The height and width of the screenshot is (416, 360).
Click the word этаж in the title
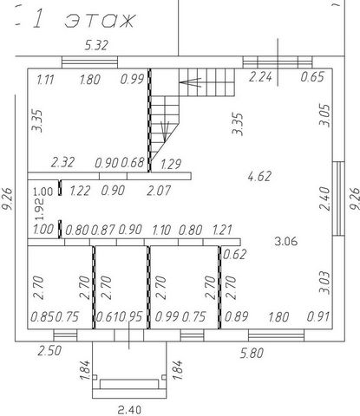[x=100, y=21]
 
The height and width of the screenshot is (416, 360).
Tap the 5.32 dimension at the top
[x=96, y=45]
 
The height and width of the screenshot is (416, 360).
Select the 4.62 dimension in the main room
[x=259, y=176]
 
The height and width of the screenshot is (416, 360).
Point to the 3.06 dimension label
[x=286, y=241]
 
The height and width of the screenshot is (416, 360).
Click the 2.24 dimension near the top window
[x=260, y=77]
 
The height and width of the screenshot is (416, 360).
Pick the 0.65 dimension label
[x=312, y=77]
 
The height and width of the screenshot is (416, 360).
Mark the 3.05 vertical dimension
[x=324, y=115]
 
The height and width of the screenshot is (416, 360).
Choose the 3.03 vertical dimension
[x=324, y=283]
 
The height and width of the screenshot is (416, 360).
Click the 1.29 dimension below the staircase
[x=171, y=164]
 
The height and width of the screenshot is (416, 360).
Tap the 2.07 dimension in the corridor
[x=159, y=191]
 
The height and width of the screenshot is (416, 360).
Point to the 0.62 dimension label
[x=235, y=254]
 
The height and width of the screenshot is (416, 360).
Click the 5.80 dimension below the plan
[x=252, y=353]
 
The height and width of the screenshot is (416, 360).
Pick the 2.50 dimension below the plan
[x=49, y=350]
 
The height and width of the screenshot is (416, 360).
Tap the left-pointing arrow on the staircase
[x=190, y=82]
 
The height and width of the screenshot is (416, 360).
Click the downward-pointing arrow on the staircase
[x=165, y=132]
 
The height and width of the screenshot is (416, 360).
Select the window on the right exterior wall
[x=338, y=198]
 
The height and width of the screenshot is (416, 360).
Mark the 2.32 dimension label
[x=62, y=162]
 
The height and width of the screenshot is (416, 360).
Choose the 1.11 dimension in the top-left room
[x=45, y=80]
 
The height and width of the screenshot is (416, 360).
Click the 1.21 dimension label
[x=222, y=230]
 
